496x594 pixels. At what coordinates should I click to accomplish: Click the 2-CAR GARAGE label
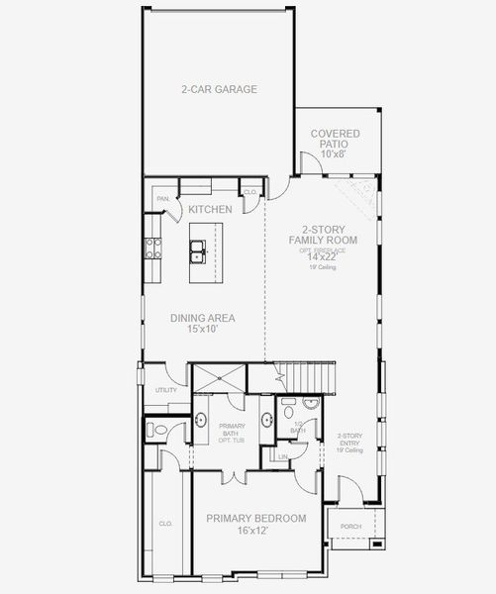(x=219, y=89)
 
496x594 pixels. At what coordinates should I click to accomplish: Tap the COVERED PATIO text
(x=335, y=139)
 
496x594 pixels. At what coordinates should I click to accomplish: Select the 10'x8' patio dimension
(x=335, y=154)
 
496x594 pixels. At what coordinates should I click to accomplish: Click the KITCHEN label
(x=211, y=209)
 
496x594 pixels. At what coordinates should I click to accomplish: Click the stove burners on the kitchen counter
(x=153, y=248)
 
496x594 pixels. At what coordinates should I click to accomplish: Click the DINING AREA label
(x=203, y=318)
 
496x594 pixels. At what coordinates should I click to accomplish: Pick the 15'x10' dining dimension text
(x=203, y=330)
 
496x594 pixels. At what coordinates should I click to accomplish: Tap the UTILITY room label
(x=165, y=390)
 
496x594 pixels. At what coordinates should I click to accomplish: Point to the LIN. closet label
(x=283, y=456)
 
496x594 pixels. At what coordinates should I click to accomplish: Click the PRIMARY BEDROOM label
(x=255, y=518)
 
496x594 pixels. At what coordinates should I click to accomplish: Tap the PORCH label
(x=349, y=526)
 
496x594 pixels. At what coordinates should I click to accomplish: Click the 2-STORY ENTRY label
(x=349, y=442)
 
